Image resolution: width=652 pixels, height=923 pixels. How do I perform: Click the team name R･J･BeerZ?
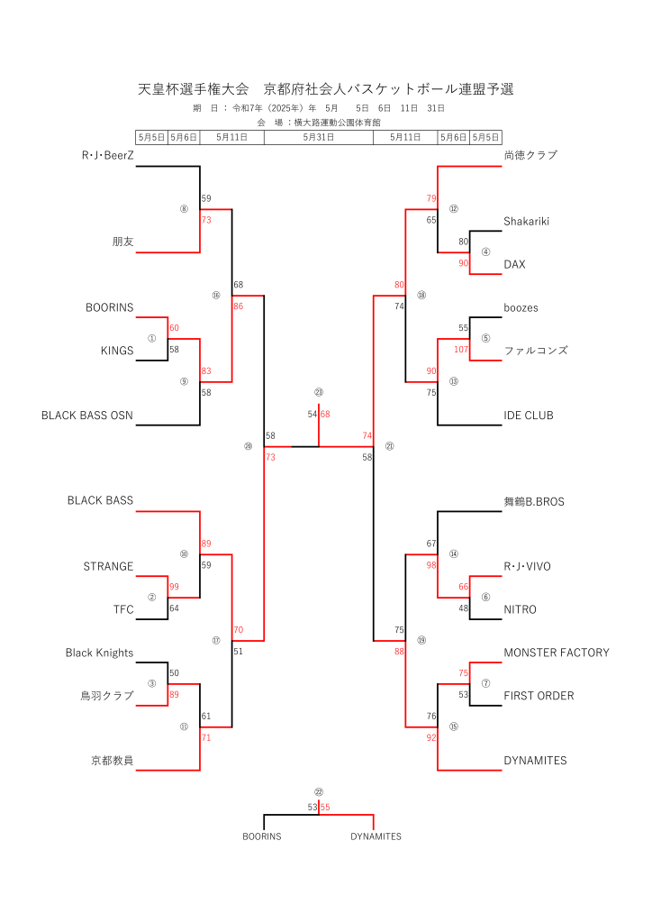click(107, 155)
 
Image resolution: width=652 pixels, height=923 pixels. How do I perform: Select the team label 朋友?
click(122, 242)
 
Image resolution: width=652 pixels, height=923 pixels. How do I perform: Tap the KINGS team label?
click(117, 351)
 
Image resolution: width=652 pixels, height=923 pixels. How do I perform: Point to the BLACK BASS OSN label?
click(87, 416)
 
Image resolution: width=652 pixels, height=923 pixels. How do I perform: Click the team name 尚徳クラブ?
click(530, 155)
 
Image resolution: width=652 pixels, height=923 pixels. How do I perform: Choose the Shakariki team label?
click(526, 222)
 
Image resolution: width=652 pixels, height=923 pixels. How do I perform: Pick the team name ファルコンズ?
click(536, 351)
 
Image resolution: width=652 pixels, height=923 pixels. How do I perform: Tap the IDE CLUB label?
click(529, 416)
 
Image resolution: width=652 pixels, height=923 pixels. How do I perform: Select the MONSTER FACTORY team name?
click(557, 653)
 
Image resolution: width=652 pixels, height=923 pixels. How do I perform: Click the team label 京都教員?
click(113, 761)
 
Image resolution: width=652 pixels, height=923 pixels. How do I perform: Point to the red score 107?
click(461, 350)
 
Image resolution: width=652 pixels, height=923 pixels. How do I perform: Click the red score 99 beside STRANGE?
click(174, 587)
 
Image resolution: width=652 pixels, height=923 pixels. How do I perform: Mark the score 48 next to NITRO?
click(463, 608)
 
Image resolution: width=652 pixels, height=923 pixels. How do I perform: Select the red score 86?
click(238, 306)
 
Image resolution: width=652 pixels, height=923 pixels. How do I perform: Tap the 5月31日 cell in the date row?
click(319, 137)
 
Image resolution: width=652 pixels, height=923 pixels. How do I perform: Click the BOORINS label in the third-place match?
click(262, 836)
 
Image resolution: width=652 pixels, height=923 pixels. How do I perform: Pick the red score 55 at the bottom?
click(325, 808)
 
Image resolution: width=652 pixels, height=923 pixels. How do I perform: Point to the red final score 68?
click(325, 415)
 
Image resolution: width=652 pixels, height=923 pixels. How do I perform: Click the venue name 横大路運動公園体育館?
click(338, 123)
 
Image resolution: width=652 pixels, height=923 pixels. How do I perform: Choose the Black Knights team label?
click(99, 653)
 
